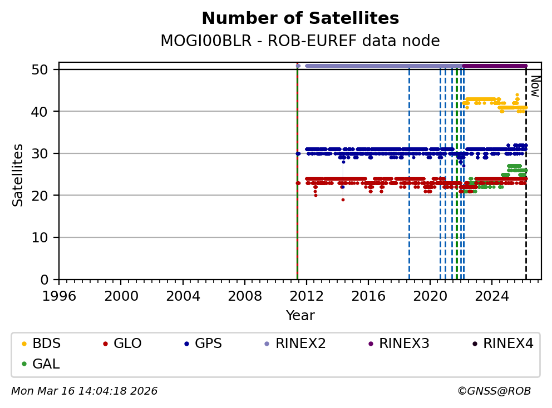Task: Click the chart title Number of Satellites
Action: tap(300, 19)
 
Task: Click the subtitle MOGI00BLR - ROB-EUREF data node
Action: tap(300, 41)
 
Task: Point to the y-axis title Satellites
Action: tap(18, 175)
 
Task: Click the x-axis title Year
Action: tap(300, 316)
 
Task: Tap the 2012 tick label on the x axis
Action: tap(307, 295)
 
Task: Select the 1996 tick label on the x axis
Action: tap(60, 295)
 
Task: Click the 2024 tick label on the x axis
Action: tap(492, 295)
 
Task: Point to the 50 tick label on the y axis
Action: tap(45, 69)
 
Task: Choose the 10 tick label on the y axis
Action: tap(45, 237)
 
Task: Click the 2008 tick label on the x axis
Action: tap(245, 295)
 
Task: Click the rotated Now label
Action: tap(534, 86)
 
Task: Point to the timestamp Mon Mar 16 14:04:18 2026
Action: tap(84, 391)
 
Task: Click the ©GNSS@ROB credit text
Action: tap(494, 391)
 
